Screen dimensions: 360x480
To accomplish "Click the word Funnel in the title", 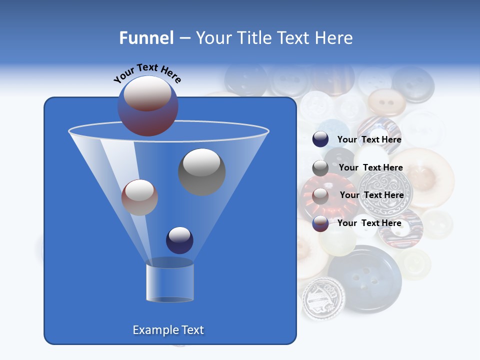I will point(146,38).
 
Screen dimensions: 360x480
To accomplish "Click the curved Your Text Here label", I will point(147,72).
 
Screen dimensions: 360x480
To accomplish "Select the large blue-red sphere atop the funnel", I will point(147,106).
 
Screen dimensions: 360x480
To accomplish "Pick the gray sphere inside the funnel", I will point(201,171).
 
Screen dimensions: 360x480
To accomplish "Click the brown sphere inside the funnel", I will point(139,197).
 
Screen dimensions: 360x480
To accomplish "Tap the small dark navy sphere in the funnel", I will point(179,240).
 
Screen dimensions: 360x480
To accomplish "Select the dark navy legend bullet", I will point(320,139).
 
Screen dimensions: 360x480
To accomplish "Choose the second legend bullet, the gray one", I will point(320,168).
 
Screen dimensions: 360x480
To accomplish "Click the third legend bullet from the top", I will point(320,195).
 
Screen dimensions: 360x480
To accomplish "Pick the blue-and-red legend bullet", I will point(320,223).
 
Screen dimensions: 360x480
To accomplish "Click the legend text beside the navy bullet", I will point(369,139).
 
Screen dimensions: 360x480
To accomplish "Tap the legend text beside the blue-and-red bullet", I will point(369,223).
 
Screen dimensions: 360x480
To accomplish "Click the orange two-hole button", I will point(386,102).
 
